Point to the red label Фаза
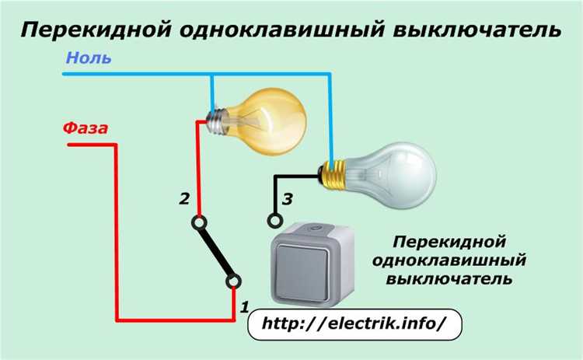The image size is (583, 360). (x=86, y=128)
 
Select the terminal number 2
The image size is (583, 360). (x=184, y=199)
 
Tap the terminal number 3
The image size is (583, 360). (x=287, y=200)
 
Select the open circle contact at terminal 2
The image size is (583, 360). (x=201, y=222)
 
